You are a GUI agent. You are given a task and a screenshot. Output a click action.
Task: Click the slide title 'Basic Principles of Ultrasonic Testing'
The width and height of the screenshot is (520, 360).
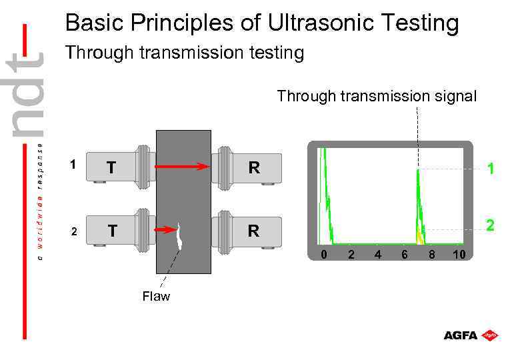pos(262,24)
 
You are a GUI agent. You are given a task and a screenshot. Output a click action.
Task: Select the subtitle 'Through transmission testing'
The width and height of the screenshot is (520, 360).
pos(184,53)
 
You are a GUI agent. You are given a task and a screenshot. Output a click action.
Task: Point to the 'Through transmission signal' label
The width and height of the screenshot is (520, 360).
pos(377,97)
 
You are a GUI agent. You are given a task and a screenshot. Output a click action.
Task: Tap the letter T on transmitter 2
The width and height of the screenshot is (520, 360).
pos(113,231)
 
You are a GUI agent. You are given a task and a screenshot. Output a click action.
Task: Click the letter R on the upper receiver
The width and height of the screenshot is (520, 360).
pos(253,168)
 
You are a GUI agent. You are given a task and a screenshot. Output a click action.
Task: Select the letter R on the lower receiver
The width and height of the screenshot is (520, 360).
pos(253,231)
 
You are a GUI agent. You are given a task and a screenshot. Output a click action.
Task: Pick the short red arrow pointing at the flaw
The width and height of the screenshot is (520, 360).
pos(165,230)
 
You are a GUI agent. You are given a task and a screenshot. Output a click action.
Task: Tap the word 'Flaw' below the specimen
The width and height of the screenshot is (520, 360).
pos(156,297)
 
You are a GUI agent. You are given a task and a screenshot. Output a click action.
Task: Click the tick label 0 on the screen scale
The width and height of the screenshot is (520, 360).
pos(323,254)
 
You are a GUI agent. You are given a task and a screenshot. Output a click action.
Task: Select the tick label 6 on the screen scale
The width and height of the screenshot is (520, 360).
pos(404,254)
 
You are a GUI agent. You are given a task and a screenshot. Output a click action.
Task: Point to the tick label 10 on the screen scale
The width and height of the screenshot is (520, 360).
pos(459,254)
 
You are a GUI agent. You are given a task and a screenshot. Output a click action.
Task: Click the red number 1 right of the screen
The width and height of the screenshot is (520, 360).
pos(490,169)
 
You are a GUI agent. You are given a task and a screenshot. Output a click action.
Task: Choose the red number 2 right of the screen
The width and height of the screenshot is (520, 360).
pos(490,226)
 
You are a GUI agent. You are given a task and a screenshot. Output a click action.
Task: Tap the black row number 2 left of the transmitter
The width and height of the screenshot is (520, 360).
pos(75,232)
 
